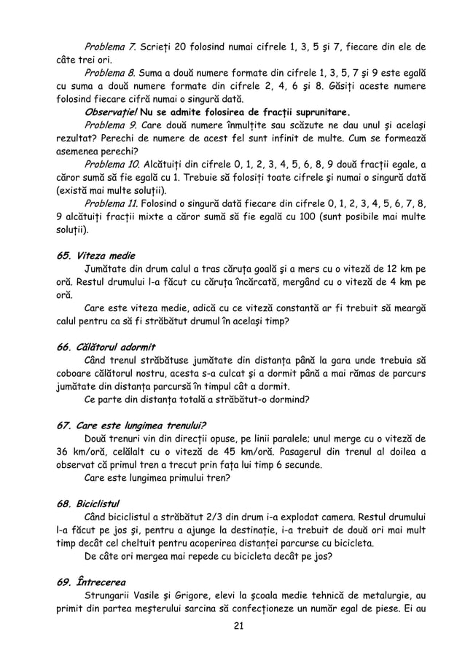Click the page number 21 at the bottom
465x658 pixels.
pos(232,628)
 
